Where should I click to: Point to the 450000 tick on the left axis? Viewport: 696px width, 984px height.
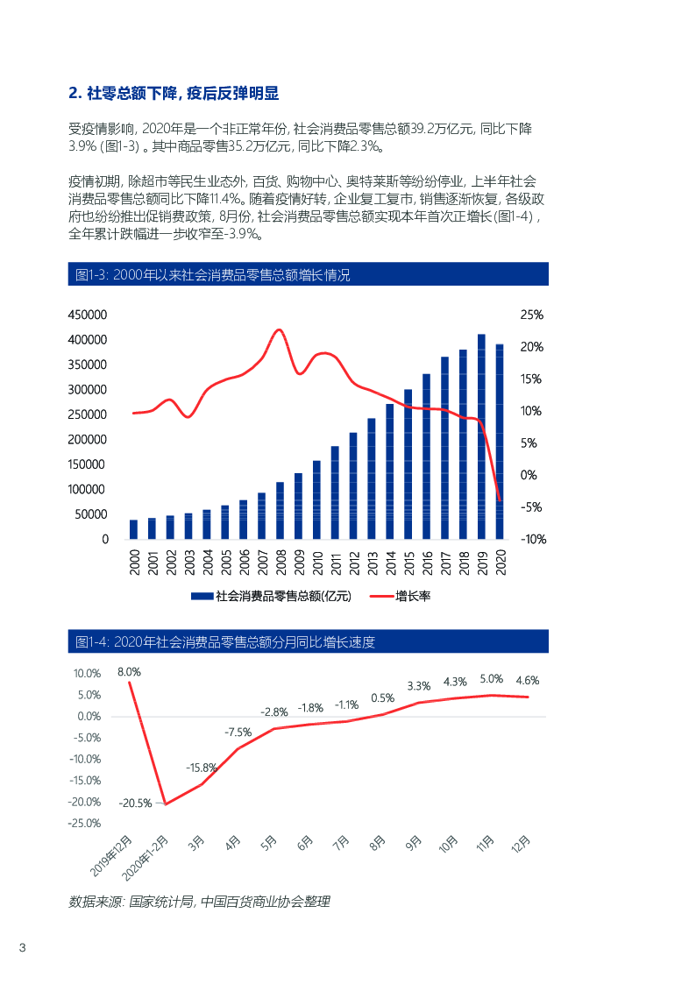click(x=88, y=315)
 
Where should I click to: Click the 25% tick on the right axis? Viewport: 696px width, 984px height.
click(x=531, y=315)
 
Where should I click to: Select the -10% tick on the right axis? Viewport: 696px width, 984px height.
click(x=533, y=540)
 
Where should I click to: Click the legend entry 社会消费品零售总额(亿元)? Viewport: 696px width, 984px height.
click(x=271, y=597)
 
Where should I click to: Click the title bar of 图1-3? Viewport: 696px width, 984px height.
click(x=308, y=274)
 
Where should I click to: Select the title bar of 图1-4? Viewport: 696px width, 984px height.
click(x=308, y=641)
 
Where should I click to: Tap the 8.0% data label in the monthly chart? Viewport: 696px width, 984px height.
click(x=129, y=672)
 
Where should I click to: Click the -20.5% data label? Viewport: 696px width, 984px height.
click(x=136, y=802)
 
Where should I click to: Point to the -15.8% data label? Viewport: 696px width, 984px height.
click(x=201, y=768)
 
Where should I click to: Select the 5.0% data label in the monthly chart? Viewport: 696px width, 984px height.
click(x=491, y=679)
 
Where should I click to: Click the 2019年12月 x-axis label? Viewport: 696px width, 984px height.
click(x=110, y=856)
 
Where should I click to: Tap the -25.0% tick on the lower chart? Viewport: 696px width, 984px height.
click(x=85, y=824)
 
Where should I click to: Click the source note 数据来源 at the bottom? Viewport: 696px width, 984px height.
click(x=199, y=901)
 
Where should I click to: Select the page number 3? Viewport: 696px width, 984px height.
click(x=23, y=949)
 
